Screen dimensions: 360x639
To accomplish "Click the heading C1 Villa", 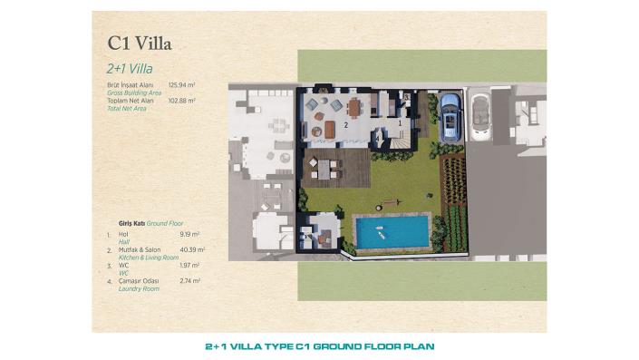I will (x=139, y=42).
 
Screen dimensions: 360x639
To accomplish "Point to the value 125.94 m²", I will (x=182, y=84).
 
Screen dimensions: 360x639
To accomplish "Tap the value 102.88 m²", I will (x=182, y=100).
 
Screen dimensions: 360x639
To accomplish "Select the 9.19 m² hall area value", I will (x=192, y=233).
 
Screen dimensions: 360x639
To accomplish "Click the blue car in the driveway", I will (x=450, y=116).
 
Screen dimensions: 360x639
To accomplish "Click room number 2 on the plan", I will (x=346, y=125).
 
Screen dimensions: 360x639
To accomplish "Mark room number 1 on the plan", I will (x=400, y=121).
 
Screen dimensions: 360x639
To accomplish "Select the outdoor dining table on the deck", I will (x=324, y=167).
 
